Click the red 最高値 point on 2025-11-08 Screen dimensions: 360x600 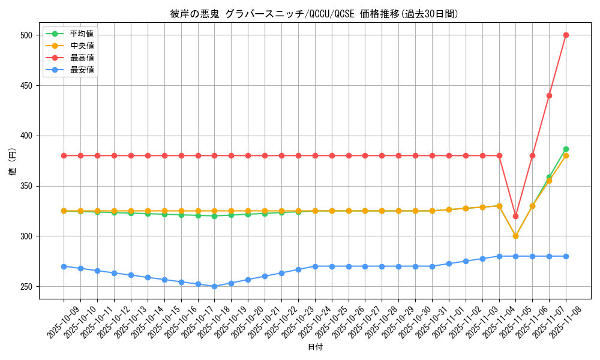click(x=566, y=35)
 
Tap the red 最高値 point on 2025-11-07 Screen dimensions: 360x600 click(x=549, y=95)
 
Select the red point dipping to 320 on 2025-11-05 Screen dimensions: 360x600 click(x=515, y=216)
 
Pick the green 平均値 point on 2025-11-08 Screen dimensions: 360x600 click(x=566, y=149)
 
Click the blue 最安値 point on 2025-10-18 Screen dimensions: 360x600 click(x=214, y=286)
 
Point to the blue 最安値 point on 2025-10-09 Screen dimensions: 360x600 click(x=64, y=266)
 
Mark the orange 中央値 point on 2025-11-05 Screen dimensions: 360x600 click(x=515, y=236)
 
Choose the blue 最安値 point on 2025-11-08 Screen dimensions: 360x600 click(x=566, y=256)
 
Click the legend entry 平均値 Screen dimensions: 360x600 click(x=82, y=34)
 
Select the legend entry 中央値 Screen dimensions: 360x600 click(x=82, y=46)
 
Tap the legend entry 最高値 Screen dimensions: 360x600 click(x=82, y=58)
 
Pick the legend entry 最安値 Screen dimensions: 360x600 click(x=82, y=70)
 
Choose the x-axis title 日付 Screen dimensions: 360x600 click(x=315, y=347)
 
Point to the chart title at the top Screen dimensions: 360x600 click(x=314, y=14)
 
